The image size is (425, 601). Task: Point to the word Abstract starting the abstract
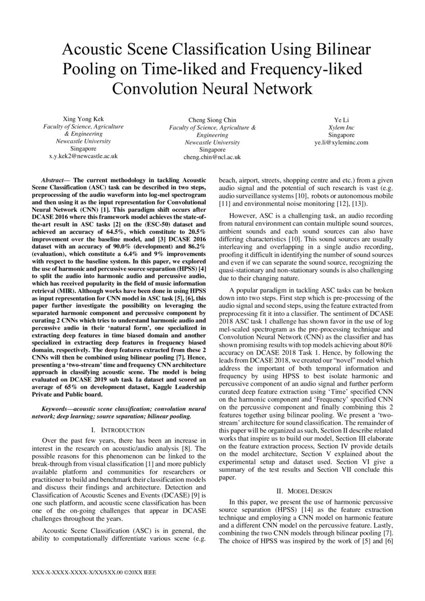click(x=53, y=181)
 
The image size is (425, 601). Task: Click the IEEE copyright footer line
click(x=94, y=572)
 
